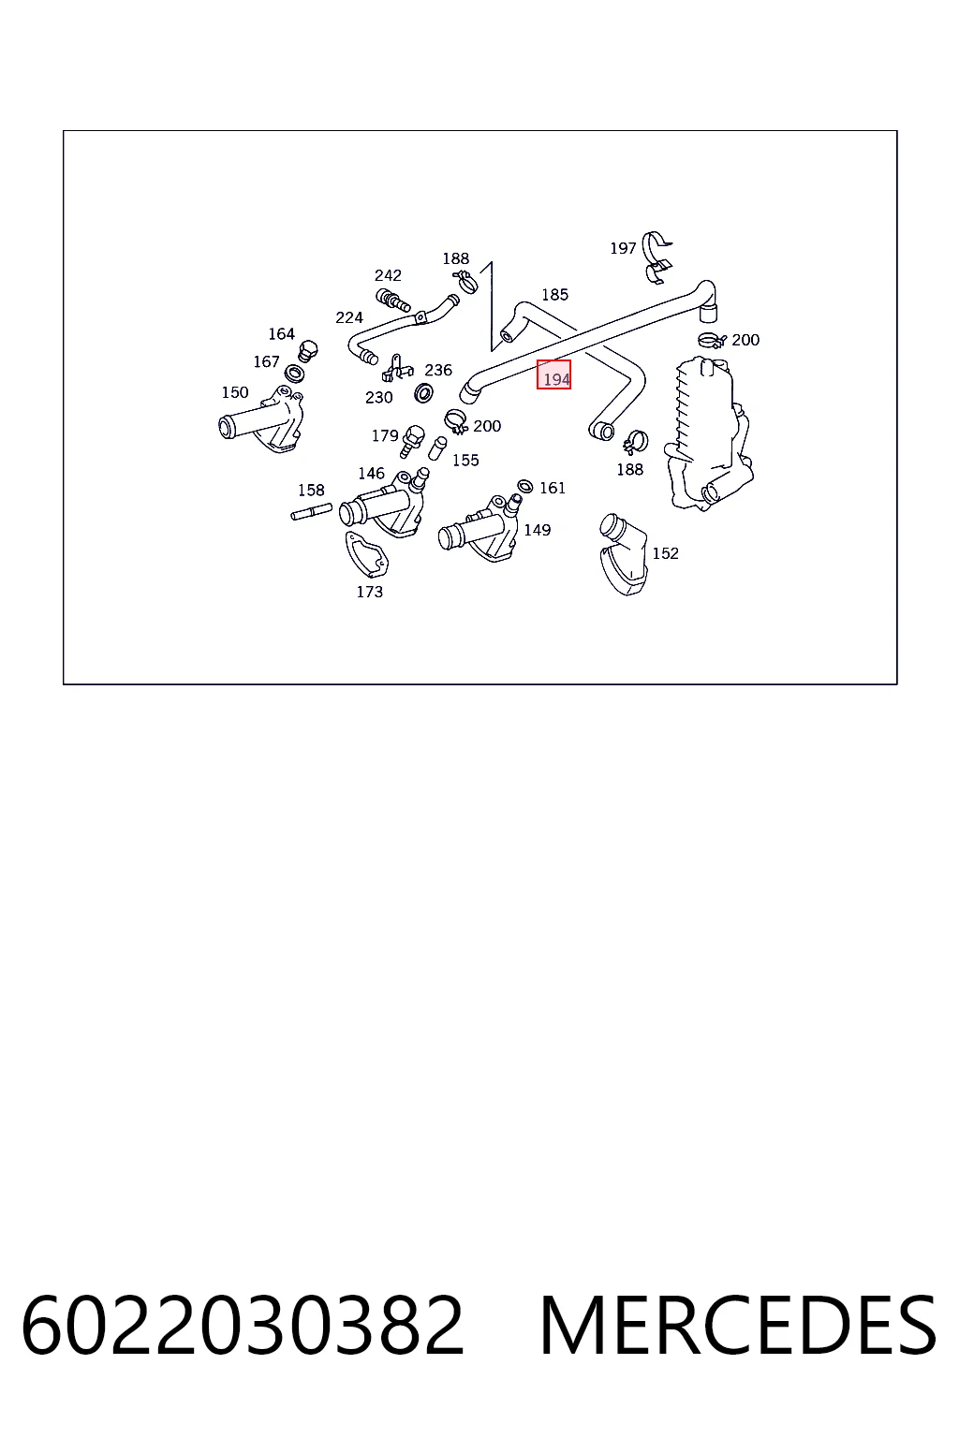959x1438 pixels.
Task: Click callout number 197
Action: [x=623, y=248]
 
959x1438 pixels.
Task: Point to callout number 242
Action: [x=388, y=275]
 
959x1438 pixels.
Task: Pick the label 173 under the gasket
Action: [x=369, y=592]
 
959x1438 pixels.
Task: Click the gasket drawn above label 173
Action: [x=366, y=554]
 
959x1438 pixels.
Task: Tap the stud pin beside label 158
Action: [x=312, y=512]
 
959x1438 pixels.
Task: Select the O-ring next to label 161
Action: [x=524, y=486]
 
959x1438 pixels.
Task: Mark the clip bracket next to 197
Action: [x=657, y=257]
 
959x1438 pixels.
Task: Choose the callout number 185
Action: [x=554, y=295]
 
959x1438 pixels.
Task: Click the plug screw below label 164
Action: [x=308, y=350]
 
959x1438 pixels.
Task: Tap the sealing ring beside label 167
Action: [x=294, y=373]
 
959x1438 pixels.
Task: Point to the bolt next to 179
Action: [x=412, y=441]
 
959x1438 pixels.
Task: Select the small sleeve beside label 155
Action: [x=437, y=448]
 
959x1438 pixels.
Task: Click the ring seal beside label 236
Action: [x=423, y=392]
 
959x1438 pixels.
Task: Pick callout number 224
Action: [x=348, y=317]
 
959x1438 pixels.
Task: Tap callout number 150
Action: [x=234, y=392]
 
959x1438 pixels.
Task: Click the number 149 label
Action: [x=537, y=530]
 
